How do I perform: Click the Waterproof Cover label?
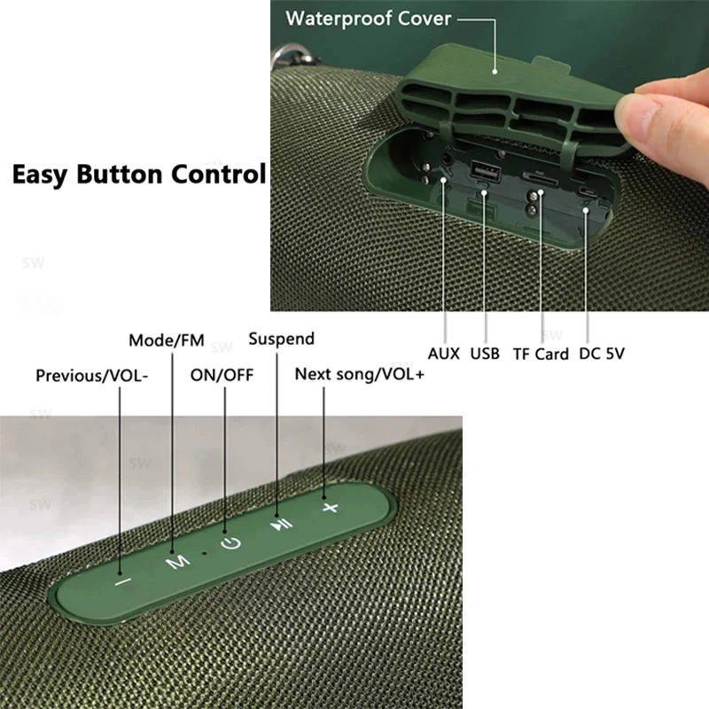click(x=368, y=19)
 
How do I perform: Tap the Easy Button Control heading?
click(x=139, y=174)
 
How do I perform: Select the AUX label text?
click(x=444, y=353)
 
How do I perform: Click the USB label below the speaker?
click(x=485, y=353)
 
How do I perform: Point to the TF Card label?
click(x=541, y=354)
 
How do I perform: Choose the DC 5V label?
click(x=602, y=353)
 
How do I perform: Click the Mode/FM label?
click(x=167, y=340)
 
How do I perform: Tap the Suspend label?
click(x=281, y=339)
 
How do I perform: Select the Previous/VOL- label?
click(x=92, y=376)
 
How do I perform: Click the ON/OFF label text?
click(x=222, y=375)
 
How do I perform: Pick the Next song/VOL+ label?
click(x=360, y=374)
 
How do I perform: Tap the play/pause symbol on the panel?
click(x=281, y=525)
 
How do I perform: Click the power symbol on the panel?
click(x=231, y=542)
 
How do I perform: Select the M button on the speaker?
click(x=177, y=562)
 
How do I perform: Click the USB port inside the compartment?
click(x=486, y=171)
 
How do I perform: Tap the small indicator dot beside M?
click(x=205, y=552)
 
